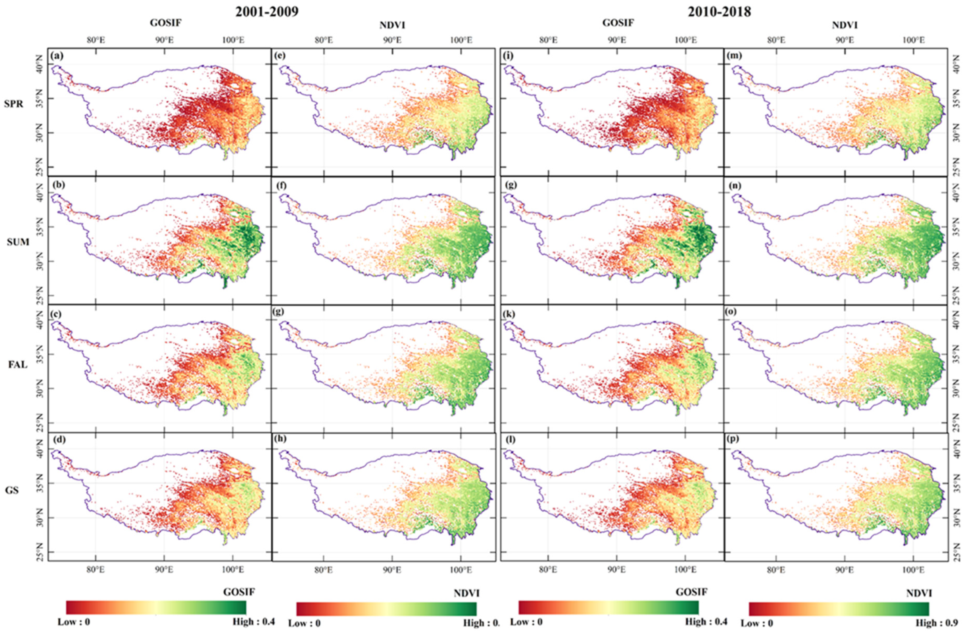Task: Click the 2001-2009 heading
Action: pos(267,12)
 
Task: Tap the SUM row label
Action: pos(18,242)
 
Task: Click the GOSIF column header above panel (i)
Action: pos(618,23)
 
